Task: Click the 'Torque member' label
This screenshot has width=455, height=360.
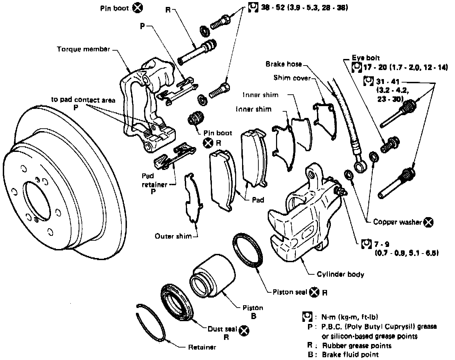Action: pos(84,49)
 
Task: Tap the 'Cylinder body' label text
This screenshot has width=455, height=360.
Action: pos(341,274)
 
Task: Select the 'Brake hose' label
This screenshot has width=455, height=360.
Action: pos(284,64)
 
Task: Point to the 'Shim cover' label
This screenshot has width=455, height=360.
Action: pos(292,78)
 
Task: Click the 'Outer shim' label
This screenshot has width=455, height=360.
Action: pos(173,236)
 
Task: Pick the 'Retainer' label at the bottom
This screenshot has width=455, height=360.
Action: pos(202,347)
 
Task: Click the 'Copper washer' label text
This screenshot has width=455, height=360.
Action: pos(397,222)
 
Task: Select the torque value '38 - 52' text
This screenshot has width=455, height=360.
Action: pos(273,8)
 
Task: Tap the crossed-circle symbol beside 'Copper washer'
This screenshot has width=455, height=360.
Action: pos(428,222)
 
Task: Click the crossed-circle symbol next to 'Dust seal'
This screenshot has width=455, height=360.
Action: pos(244,331)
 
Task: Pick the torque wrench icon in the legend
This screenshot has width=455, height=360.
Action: pos(307,317)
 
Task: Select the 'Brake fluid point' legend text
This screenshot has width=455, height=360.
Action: pos(350,354)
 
